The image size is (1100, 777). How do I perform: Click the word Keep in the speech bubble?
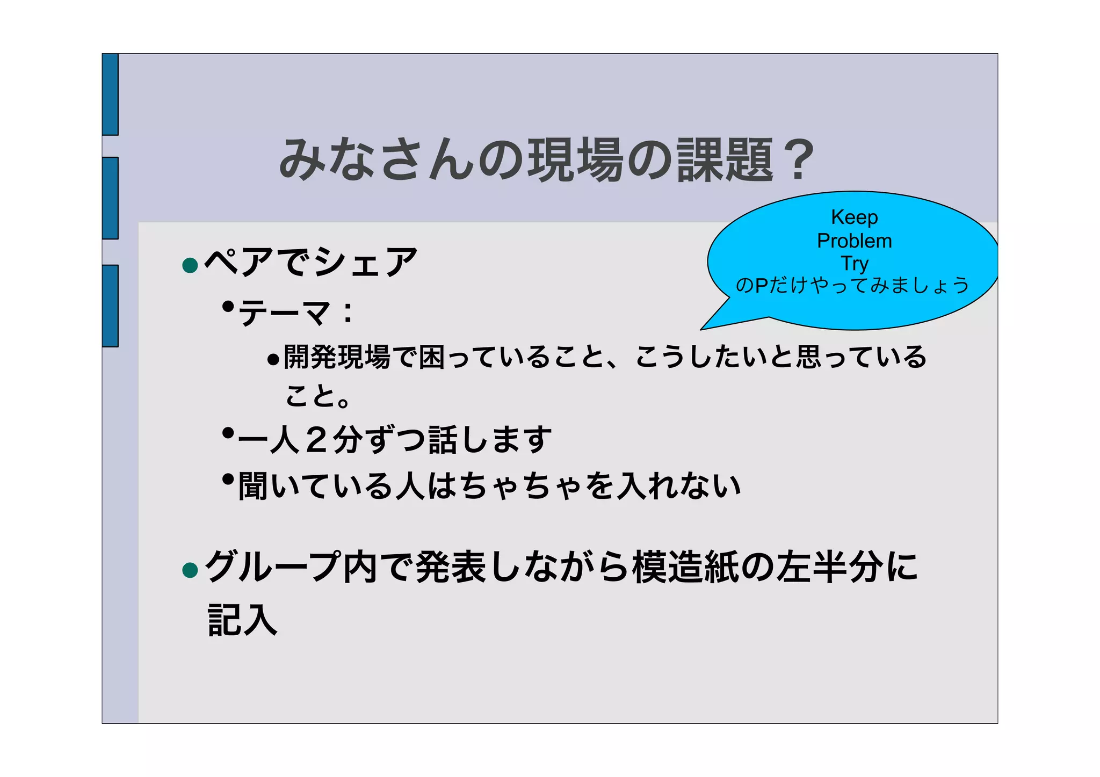854,217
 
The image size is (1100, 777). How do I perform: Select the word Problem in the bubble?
854,241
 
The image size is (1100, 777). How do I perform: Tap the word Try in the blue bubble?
854,264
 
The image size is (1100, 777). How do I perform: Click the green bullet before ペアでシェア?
190,265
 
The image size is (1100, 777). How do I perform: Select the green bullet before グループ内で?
190,570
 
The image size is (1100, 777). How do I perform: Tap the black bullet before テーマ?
228,307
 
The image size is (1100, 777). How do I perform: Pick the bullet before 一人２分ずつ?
228,432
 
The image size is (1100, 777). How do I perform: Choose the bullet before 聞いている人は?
228,478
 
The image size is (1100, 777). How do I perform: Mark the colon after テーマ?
348,313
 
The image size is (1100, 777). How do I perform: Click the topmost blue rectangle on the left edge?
110,94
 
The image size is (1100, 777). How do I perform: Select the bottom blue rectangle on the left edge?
110,306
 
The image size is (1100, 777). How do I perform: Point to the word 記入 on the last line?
242,620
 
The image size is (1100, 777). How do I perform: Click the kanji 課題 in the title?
725,159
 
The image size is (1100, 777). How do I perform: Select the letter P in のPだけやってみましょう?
762,285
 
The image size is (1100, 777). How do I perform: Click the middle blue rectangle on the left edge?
110,198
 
